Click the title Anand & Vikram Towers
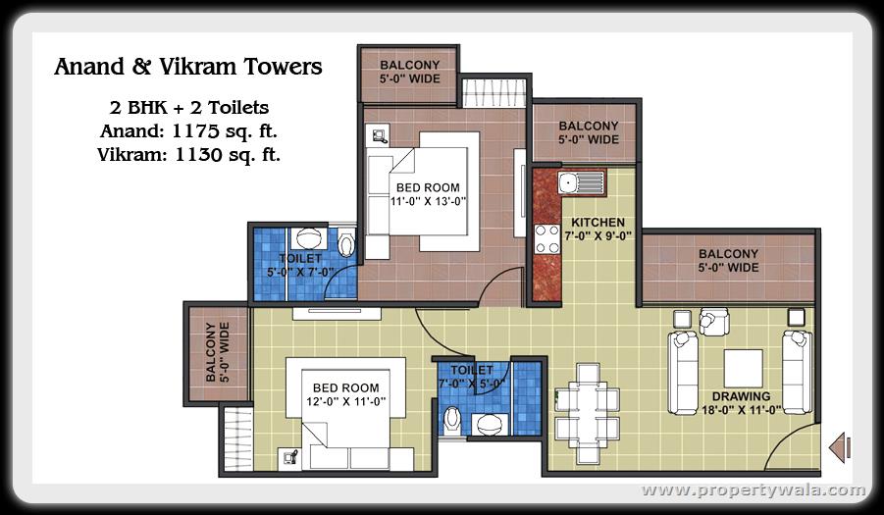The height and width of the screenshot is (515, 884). click(x=188, y=67)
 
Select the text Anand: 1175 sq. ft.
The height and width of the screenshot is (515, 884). click(x=188, y=131)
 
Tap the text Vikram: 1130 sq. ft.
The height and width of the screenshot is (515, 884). click(x=188, y=154)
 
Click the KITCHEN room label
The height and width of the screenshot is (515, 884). click(x=598, y=222)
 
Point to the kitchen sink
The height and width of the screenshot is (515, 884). click(x=581, y=183)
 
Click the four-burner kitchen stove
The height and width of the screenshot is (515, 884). click(x=546, y=239)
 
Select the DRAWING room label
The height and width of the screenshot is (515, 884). click(x=742, y=396)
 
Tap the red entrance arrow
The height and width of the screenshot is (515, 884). click(x=840, y=447)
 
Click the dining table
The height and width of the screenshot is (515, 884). click(x=587, y=413)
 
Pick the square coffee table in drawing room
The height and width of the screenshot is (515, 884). click(x=744, y=368)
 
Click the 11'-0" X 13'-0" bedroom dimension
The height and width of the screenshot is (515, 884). click(x=429, y=201)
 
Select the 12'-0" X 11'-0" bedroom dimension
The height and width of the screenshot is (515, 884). click(x=346, y=401)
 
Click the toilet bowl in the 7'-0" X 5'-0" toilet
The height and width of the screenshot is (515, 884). click(x=451, y=421)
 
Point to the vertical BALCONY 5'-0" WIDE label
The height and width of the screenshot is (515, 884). click(x=217, y=352)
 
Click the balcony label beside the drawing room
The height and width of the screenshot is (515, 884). click(x=728, y=260)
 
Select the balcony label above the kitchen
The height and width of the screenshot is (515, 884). click(x=589, y=132)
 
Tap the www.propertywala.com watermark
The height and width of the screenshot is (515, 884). click(x=754, y=489)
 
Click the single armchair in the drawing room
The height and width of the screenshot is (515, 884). click(x=714, y=322)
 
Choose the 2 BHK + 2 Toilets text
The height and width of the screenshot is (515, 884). click(x=188, y=107)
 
